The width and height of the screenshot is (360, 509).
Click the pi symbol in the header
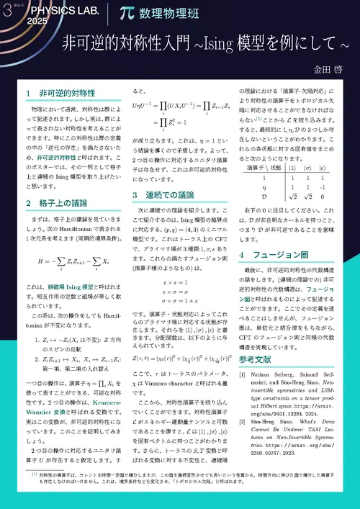pos(127,13)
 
